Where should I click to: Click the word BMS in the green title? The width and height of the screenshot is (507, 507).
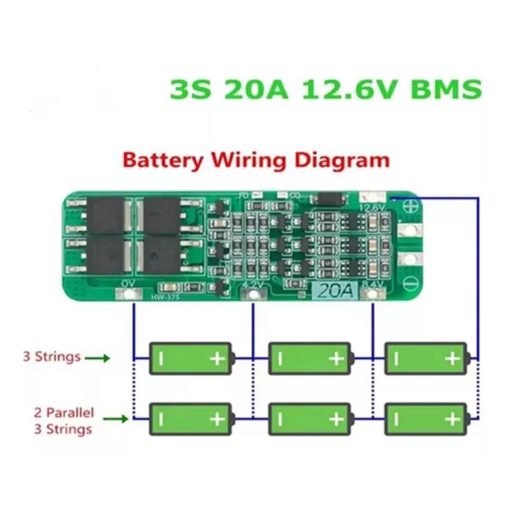click(445, 89)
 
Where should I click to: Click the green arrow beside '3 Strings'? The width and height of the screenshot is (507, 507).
click(97, 358)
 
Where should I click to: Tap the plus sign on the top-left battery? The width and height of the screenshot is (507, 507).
click(218, 359)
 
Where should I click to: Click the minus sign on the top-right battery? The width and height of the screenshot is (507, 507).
click(395, 359)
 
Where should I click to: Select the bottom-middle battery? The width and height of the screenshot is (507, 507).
click(310, 419)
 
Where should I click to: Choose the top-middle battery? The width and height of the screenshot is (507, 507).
click(310, 359)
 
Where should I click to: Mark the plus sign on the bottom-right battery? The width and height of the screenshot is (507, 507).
click(452, 419)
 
